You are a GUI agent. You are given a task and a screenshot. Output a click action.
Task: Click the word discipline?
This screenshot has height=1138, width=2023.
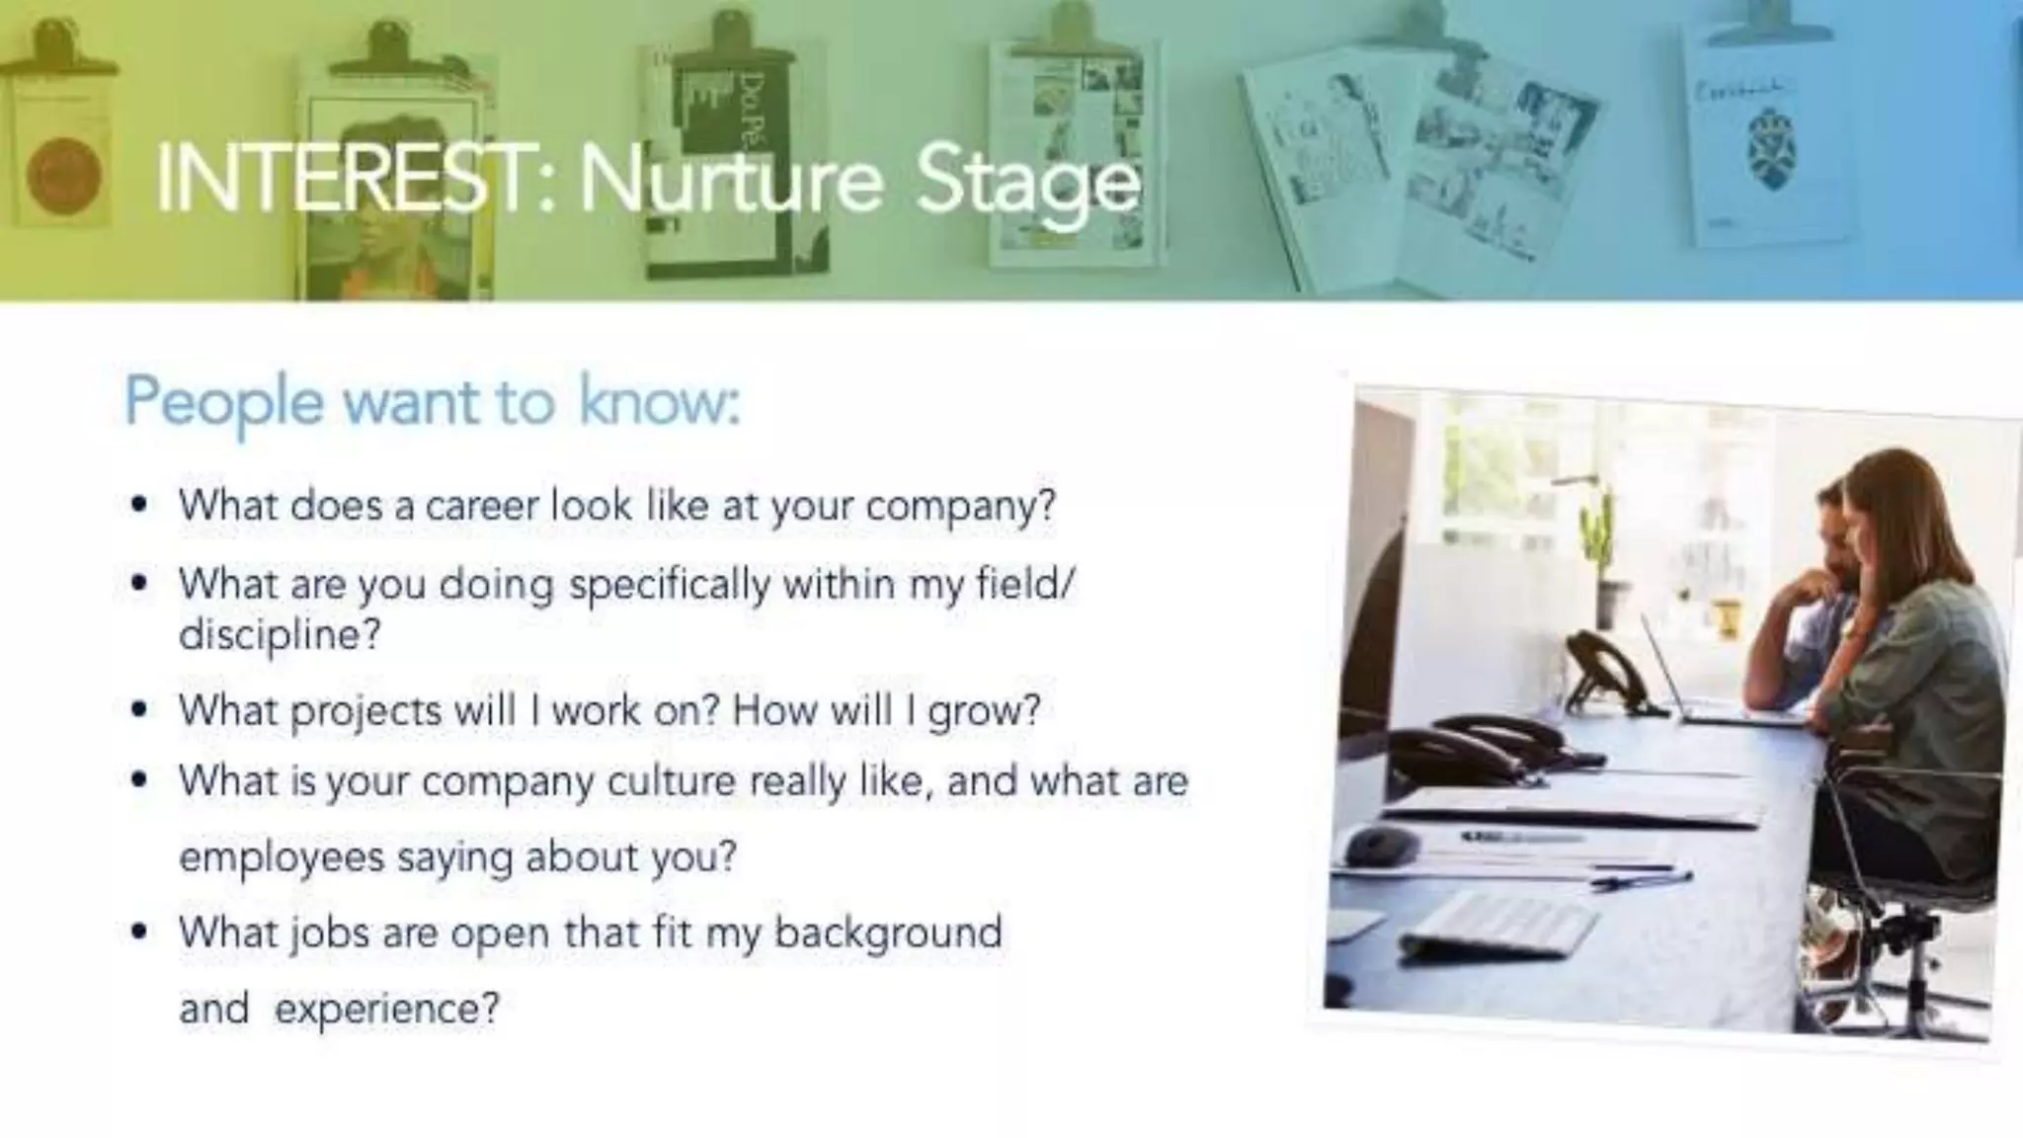[x=279, y=634]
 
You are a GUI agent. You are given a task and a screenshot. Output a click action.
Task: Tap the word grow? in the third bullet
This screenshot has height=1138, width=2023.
[x=983, y=711]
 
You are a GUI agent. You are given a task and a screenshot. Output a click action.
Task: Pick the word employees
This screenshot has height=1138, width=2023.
[x=281, y=856]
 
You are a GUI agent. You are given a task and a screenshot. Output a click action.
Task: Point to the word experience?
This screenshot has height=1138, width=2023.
[x=386, y=1010]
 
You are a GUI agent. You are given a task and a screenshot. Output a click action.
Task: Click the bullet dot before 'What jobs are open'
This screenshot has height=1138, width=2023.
[x=139, y=932]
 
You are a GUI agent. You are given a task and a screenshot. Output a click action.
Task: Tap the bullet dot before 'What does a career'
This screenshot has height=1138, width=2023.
[x=139, y=506]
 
